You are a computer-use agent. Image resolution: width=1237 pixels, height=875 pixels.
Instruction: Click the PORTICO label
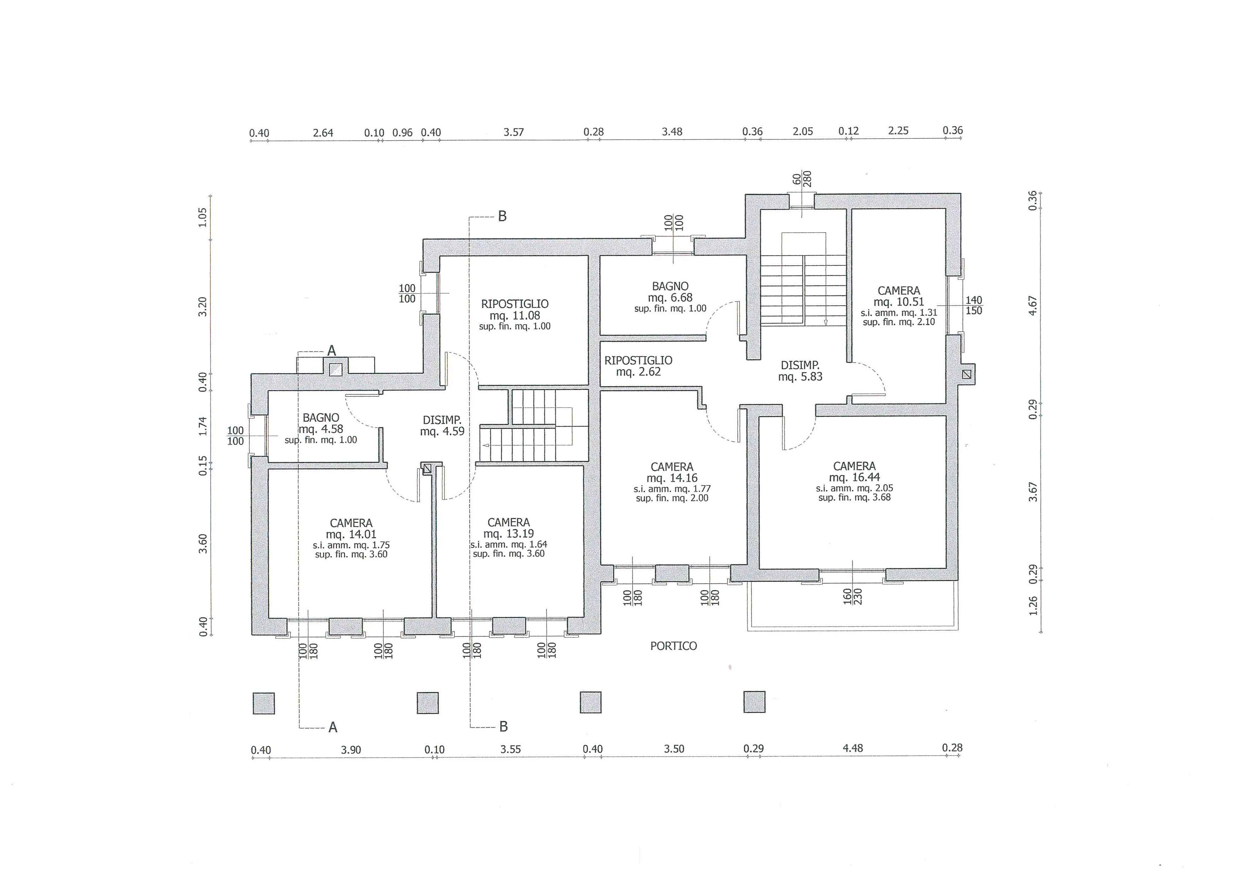click(x=673, y=646)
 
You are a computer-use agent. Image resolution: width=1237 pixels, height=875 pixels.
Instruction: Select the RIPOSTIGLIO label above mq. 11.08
click(x=515, y=304)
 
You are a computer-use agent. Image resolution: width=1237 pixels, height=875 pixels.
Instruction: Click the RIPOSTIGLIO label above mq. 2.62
click(x=638, y=361)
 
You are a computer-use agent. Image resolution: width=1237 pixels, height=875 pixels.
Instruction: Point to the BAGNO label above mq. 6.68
click(x=670, y=286)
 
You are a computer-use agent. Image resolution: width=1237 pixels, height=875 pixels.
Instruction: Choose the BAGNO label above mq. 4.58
click(x=321, y=417)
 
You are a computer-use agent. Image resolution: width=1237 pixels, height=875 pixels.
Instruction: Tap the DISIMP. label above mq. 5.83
click(x=800, y=365)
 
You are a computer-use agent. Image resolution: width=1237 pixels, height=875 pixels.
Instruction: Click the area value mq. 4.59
click(x=442, y=432)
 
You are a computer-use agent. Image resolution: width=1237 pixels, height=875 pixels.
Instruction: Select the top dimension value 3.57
click(x=514, y=132)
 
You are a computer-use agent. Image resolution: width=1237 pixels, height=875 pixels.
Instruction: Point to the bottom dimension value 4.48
click(x=853, y=748)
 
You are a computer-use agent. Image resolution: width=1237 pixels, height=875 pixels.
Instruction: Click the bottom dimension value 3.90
click(x=351, y=750)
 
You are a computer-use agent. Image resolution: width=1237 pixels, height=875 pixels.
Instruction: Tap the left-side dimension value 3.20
click(x=202, y=307)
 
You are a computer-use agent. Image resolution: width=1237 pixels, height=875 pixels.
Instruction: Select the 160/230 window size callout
click(x=852, y=596)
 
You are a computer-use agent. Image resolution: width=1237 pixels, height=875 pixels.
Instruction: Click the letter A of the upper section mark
click(x=332, y=351)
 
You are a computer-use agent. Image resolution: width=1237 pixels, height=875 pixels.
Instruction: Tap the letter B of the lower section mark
click(x=504, y=727)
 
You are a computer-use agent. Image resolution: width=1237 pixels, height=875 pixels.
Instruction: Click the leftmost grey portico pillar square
click(x=264, y=704)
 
